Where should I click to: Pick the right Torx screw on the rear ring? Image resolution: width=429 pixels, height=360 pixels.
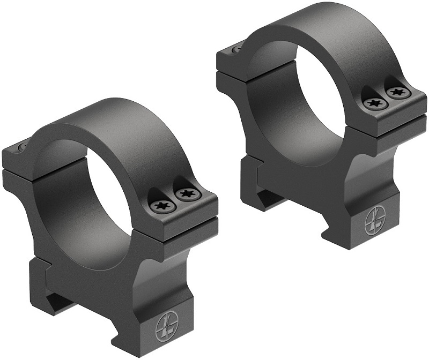(396, 92)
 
